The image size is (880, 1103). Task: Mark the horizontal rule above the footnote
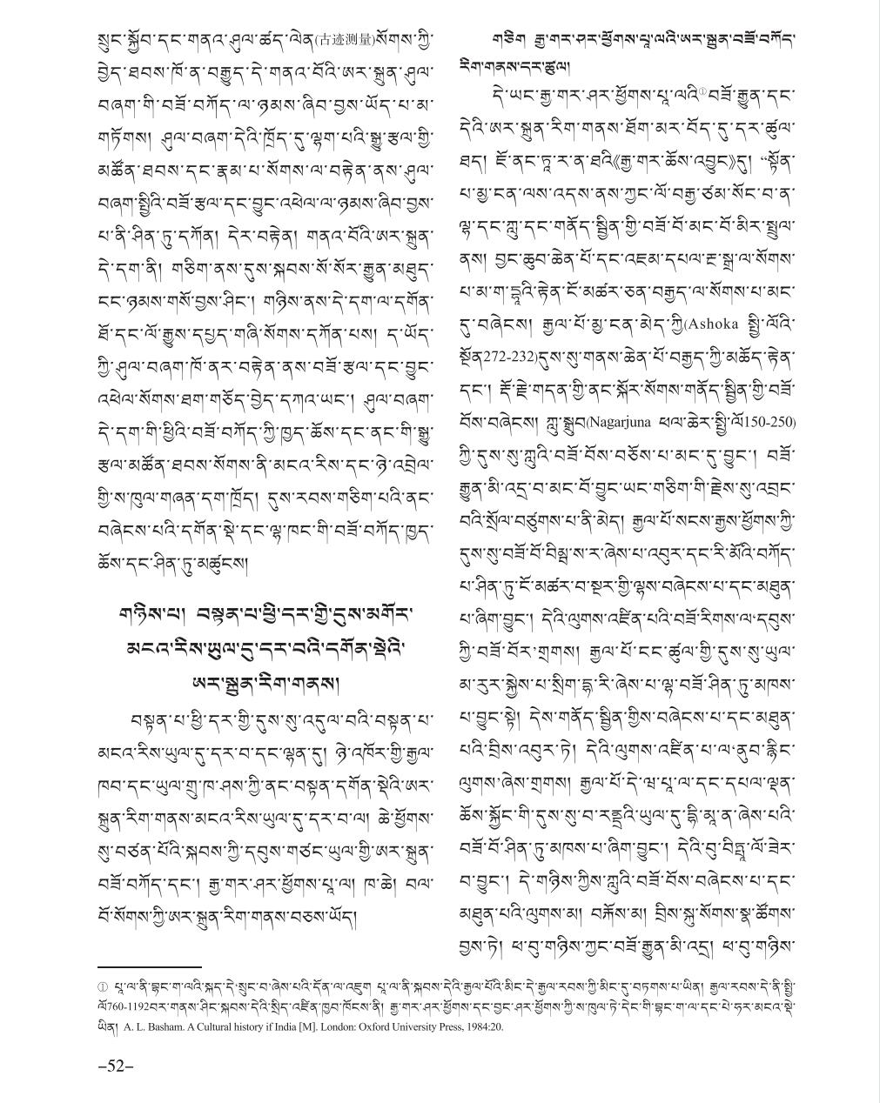point(149,966)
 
